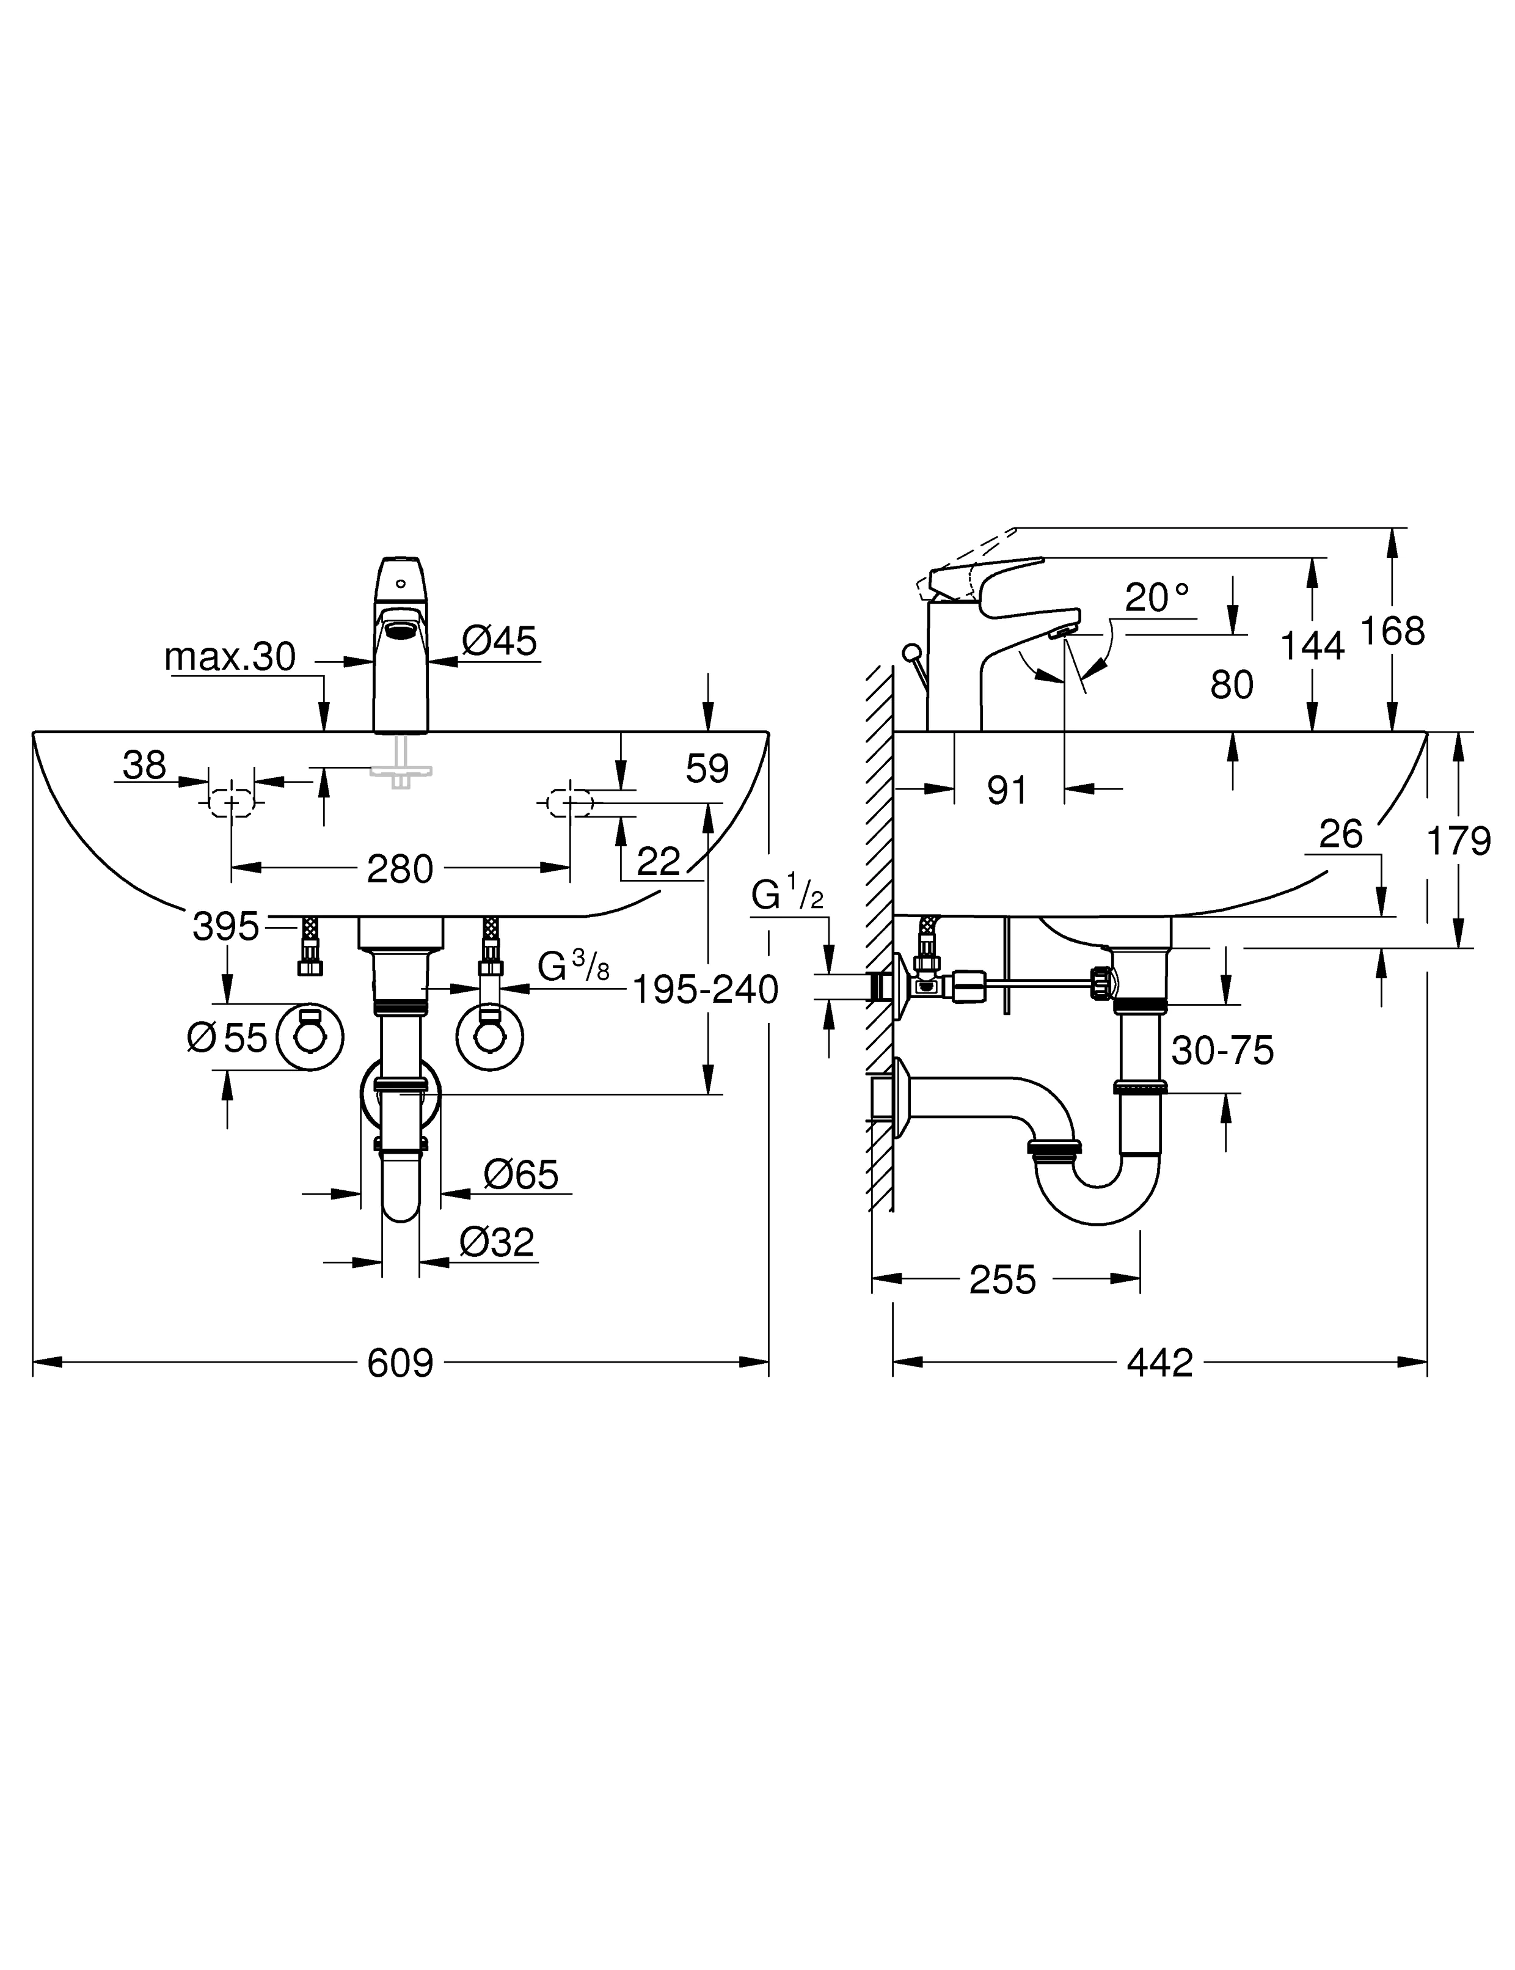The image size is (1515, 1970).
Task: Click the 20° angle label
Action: coord(1157,597)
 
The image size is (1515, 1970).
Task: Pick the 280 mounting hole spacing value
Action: coord(400,870)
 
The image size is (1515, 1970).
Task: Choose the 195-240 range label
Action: coord(704,990)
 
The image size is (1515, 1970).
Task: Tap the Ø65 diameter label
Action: coord(520,1174)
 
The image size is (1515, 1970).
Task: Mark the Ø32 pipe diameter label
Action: coord(496,1242)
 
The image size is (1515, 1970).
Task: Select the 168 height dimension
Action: coord(1392,631)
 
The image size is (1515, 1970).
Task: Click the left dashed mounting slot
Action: coord(232,802)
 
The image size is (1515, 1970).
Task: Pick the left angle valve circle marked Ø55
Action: coord(309,1038)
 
